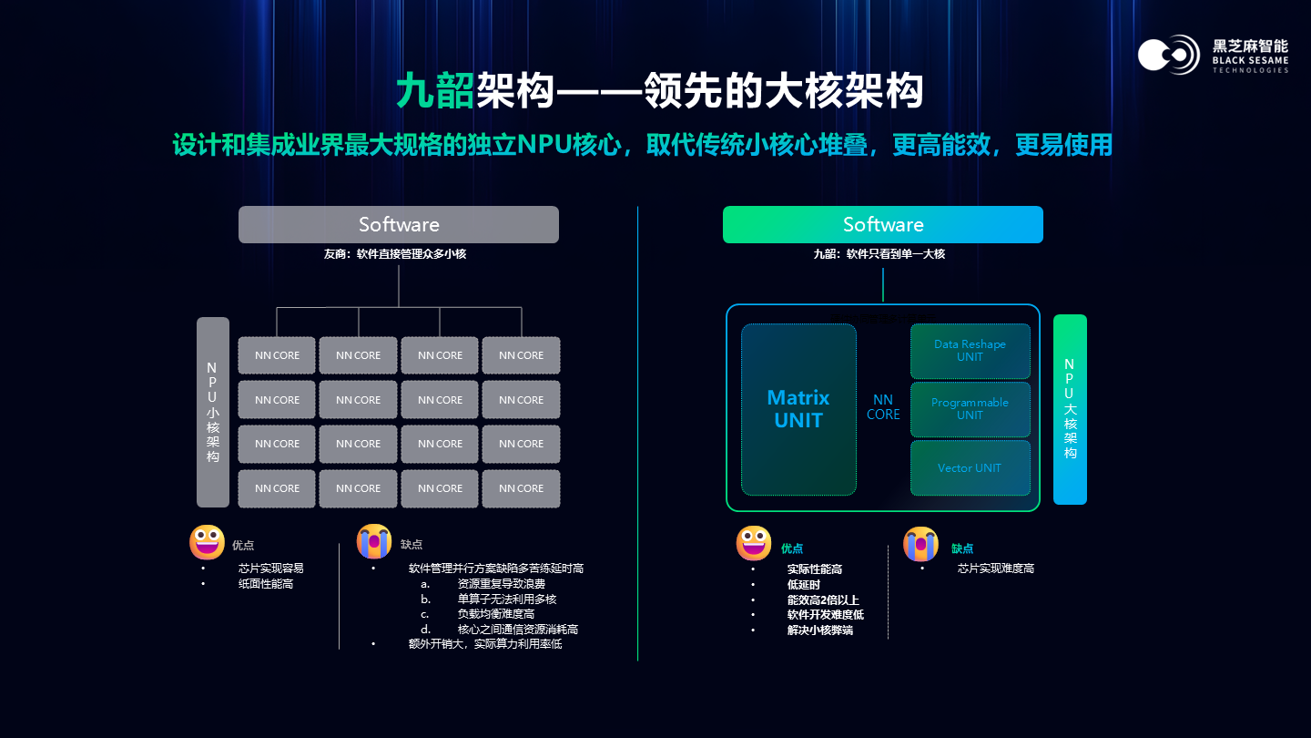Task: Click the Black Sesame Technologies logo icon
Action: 1169,55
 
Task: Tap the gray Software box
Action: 399,224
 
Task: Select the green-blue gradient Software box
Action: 882,224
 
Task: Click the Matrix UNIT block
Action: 798,409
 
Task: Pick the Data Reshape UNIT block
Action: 970,351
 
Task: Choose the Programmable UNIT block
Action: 970,409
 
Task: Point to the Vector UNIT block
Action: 970,467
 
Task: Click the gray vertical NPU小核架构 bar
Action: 212,412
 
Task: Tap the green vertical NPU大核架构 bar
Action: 1070,409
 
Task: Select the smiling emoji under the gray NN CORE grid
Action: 207,542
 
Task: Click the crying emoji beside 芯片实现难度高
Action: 920,545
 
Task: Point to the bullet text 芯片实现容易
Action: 271,568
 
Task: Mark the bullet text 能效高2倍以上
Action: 823,600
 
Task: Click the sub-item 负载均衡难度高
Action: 496,614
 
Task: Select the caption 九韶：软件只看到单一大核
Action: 879,254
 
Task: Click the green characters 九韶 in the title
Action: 435,91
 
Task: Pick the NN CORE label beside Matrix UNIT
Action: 883,407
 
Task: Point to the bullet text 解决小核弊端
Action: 820,630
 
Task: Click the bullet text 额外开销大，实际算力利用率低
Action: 485,644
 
